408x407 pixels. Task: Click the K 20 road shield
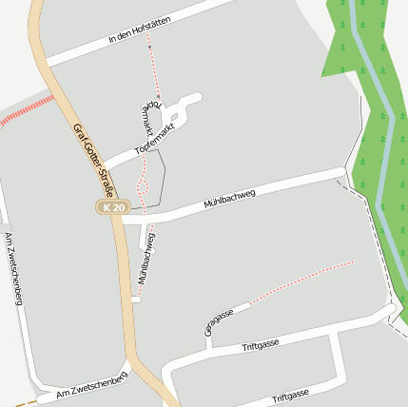113,207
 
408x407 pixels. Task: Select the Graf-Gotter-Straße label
93,162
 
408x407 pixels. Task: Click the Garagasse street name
219,322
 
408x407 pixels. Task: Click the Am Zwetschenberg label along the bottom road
90,383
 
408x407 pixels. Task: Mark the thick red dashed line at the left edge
25,110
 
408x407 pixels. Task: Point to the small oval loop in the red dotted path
143,182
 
